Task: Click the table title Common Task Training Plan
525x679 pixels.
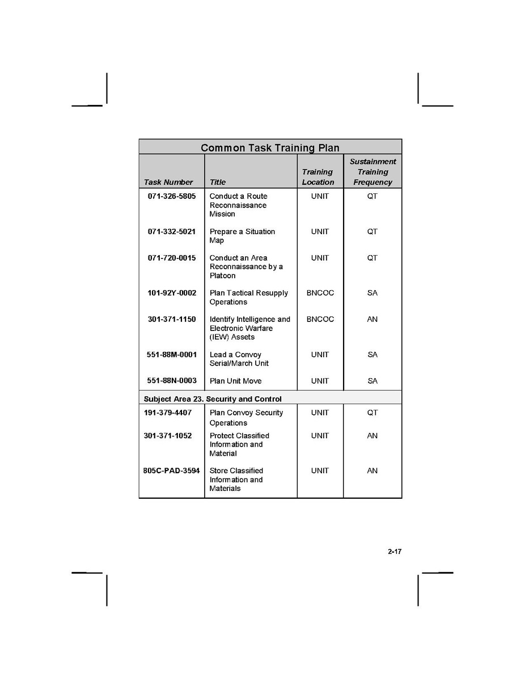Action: pos(270,148)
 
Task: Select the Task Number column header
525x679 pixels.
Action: pos(168,182)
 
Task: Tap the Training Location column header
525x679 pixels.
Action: pos(317,177)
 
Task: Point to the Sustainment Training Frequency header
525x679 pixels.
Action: pos(372,172)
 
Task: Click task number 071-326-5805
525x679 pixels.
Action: pos(172,196)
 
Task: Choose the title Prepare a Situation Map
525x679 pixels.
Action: pos(242,236)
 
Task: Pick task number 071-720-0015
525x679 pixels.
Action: pos(172,258)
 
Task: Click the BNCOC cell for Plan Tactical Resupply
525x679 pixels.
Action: pos(320,293)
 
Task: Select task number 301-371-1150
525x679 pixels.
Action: pos(172,319)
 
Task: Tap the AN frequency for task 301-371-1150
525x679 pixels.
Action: pos(372,319)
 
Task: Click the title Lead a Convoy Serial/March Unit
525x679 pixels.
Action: pos(239,359)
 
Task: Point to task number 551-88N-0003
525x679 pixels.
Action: pos(172,381)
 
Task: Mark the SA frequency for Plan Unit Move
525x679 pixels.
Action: pos(372,381)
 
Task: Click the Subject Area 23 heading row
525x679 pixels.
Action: pos(213,399)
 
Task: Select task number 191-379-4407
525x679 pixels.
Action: pos(168,413)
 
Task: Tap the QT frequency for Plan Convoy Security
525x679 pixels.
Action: pos(372,413)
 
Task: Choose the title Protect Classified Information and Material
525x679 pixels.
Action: pos(239,444)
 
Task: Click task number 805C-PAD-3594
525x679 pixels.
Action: pos(171,470)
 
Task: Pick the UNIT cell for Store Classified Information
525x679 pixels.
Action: pos(320,470)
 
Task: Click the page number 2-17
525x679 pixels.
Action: pos(395,551)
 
